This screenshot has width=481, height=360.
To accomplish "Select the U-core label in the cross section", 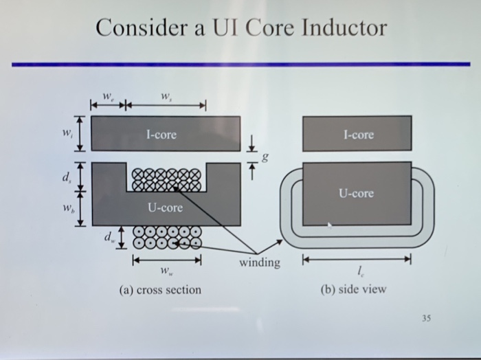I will pos(165,207).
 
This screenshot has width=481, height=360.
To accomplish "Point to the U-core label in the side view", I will pos(356,194).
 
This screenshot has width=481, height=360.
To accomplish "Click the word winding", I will pos(260,262).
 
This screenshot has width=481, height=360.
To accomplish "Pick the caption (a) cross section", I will pos(160,290).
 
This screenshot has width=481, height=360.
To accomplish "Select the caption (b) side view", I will pos(353,289).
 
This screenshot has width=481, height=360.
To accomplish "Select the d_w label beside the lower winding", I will pos(111,238).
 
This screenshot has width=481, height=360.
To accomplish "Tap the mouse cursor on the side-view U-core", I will pos(330,223).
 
